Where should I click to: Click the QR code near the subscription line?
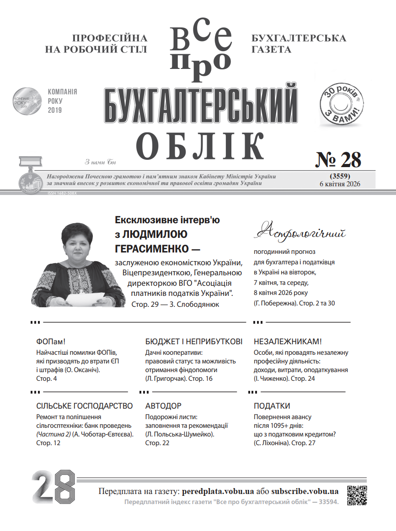click(x=358, y=495)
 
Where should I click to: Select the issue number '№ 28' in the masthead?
click(x=339, y=159)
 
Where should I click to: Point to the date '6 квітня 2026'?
click(x=340, y=184)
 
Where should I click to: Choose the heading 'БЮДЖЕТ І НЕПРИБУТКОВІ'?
click(x=193, y=342)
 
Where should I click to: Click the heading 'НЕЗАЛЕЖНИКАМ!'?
click(x=288, y=342)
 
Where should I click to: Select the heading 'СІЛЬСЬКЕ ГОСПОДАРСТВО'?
click(x=84, y=406)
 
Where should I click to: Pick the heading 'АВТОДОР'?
click(x=163, y=406)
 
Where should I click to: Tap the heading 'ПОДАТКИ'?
click(x=272, y=406)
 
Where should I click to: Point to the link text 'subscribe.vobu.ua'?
click(x=305, y=492)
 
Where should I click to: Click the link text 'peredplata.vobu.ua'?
click(x=218, y=492)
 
